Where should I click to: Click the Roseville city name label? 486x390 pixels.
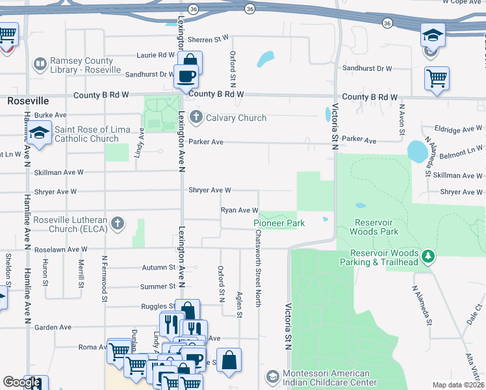point(28,101)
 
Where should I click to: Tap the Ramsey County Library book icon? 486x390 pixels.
point(40,64)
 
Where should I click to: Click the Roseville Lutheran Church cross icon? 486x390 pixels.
point(117,224)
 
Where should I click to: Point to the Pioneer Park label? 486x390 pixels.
point(279,223)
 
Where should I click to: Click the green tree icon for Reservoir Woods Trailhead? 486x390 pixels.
point(428,257)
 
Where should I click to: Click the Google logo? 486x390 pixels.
point(21,382)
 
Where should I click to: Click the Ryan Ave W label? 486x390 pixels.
point(240,210)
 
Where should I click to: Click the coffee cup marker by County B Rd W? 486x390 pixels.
point(186,76)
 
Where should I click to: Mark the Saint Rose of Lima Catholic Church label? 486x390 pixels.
point(86,134)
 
